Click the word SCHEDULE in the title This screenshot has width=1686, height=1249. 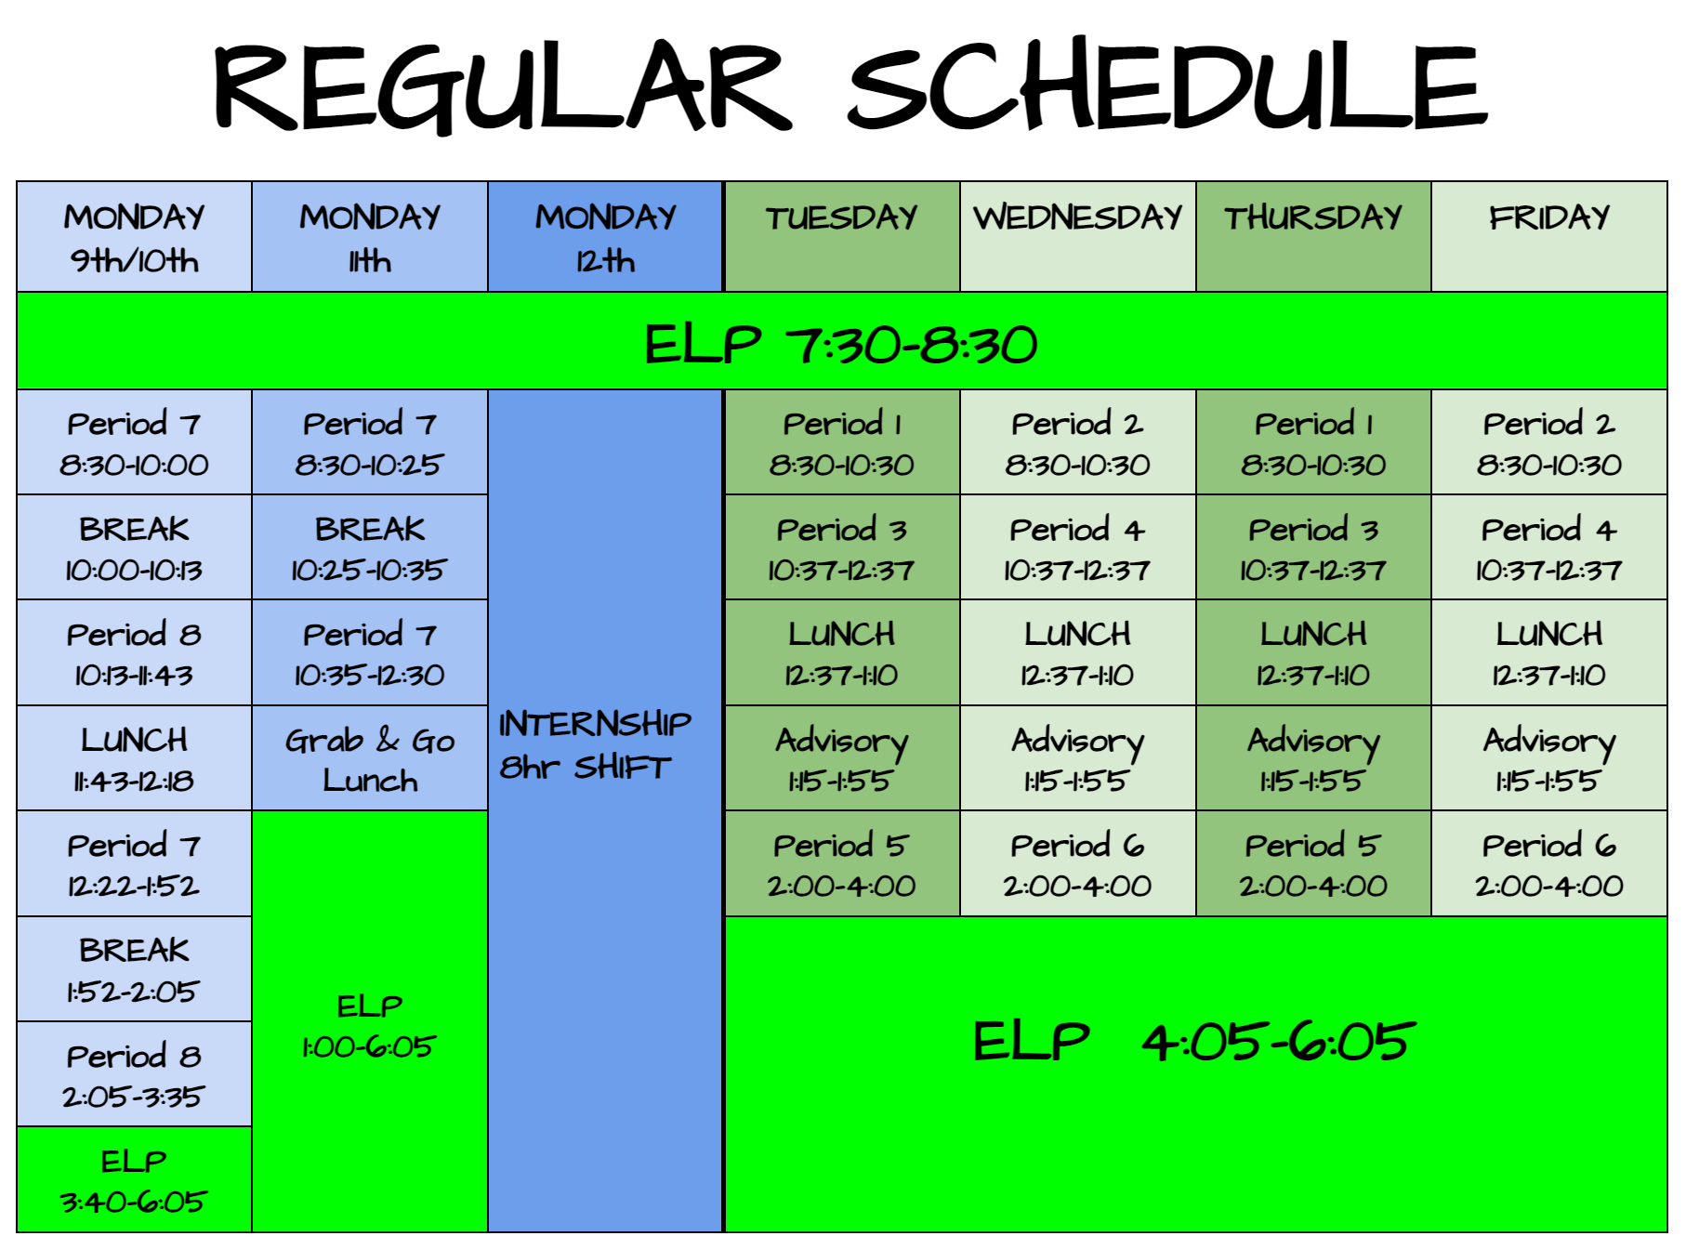coord(1167,85)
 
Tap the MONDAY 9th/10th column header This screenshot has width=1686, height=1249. coord(135,237)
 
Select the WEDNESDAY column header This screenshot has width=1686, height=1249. coord(1078,237)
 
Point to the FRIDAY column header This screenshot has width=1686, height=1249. coord(1549,237)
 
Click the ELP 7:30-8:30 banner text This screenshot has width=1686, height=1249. coord(841,344)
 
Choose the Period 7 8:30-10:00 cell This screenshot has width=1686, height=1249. coord(135,442)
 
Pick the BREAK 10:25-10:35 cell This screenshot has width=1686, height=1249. coord(370,547)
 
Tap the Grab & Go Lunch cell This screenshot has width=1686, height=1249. coord(370,758)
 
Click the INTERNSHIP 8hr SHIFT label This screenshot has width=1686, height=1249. coord(595,744)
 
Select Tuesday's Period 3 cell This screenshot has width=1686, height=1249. coord(842,547)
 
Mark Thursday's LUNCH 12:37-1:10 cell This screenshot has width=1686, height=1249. coord(1313,652)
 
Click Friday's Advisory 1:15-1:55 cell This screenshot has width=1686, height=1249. coord(1549,758)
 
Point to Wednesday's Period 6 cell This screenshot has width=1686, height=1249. coord(1078,863)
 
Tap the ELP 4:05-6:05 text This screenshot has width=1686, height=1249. coord(1194,1041)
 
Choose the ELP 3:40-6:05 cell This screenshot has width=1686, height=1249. coord(135,1180)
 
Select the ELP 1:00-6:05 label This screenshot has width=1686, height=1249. coord(369,1025)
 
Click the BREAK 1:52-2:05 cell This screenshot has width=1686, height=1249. coord(135,969)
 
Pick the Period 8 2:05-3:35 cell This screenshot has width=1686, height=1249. coord(135,1074)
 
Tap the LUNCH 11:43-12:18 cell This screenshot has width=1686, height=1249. coord(135,758)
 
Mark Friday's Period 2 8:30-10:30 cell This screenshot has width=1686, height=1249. coord(1549,442)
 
